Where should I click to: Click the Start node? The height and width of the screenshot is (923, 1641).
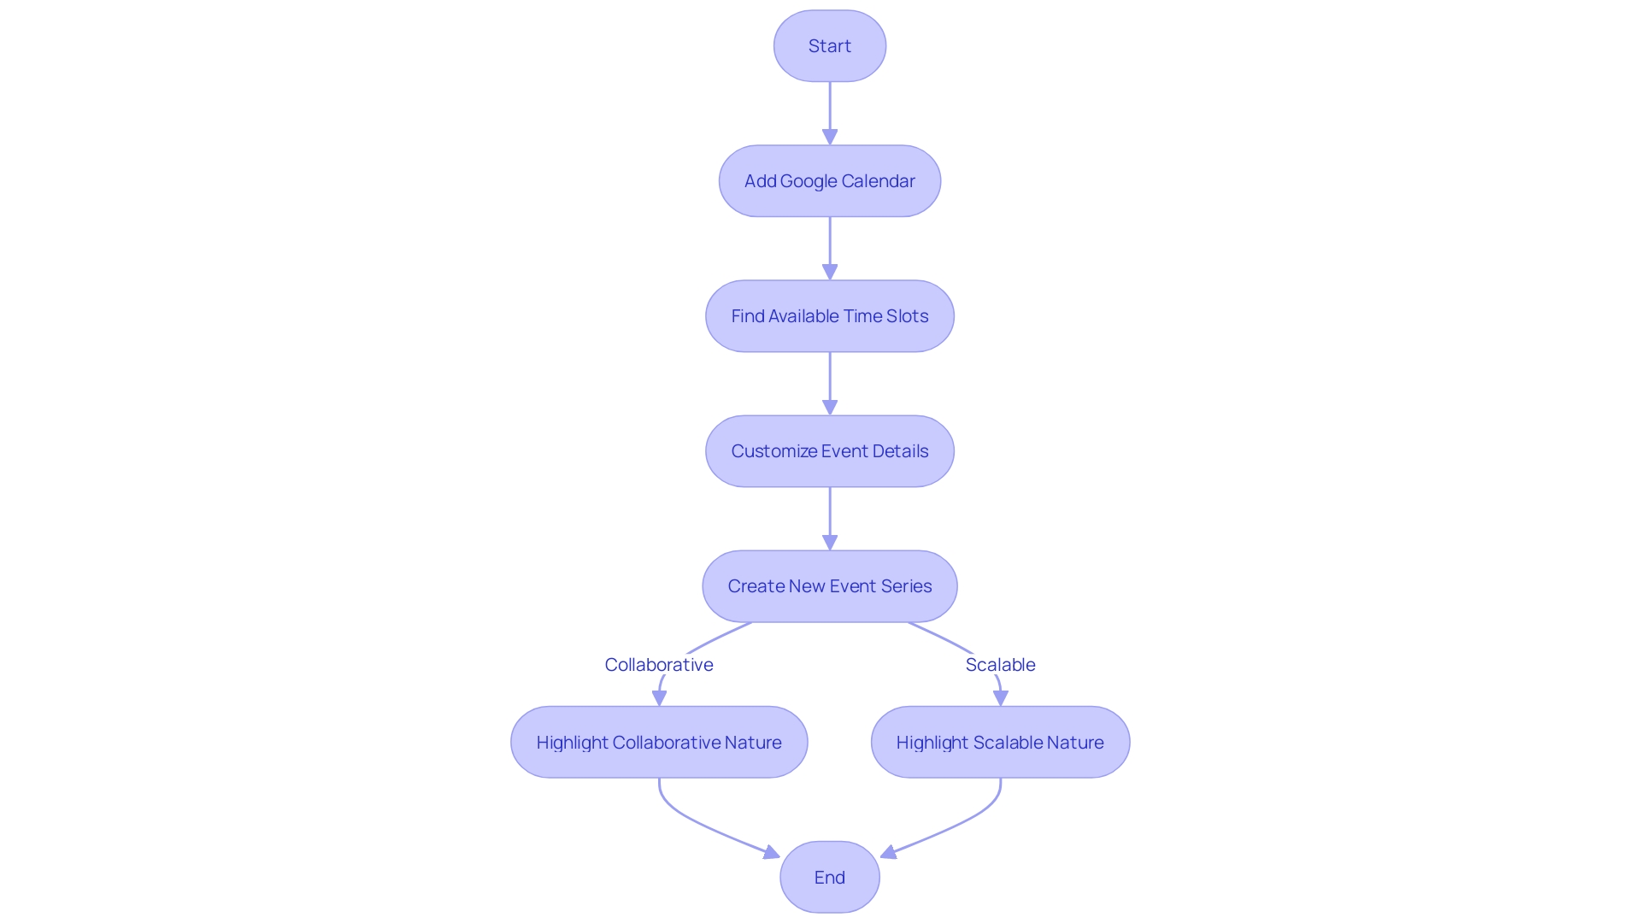829,46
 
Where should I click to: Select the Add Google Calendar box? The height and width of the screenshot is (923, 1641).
829,181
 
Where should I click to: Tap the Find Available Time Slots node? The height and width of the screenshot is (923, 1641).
829,316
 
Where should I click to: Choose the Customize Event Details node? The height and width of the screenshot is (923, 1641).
829,451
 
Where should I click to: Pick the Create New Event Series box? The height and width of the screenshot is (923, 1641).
829,586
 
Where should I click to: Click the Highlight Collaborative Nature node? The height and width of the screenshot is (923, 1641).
659,742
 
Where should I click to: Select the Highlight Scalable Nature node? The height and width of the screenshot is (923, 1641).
1000,742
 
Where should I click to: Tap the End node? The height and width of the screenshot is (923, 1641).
829,877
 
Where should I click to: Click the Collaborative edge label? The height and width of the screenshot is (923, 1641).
659,665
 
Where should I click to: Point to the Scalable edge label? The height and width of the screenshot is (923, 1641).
1000,665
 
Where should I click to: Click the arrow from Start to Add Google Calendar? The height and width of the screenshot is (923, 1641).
830,111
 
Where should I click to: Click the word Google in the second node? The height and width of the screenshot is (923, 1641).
809,181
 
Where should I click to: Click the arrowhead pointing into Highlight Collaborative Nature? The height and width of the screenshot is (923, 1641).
659,698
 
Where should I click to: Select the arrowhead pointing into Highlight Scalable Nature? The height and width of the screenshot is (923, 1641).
1000,698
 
